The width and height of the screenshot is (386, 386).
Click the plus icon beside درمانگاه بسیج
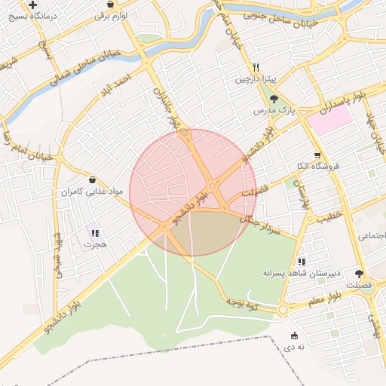(32, 5)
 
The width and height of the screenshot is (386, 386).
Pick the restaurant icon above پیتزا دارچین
(256, 66)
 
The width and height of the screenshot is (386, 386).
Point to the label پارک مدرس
(272, 110)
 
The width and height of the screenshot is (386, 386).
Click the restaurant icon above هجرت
(95, 232)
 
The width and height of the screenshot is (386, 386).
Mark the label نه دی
(293, 347)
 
